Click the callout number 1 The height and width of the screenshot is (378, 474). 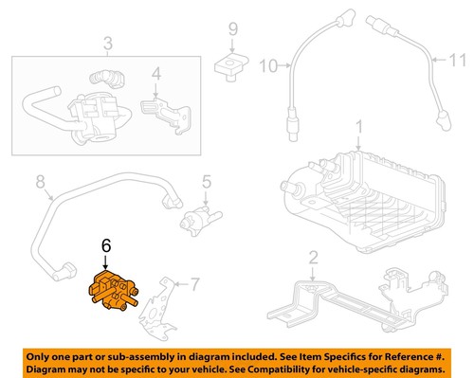pos(358,126)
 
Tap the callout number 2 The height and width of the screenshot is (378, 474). pos(313,256)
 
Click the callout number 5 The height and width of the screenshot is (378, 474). pos(204,181)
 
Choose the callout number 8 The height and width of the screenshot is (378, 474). pos(40,181)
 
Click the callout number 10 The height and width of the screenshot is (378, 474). pos(264,66)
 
